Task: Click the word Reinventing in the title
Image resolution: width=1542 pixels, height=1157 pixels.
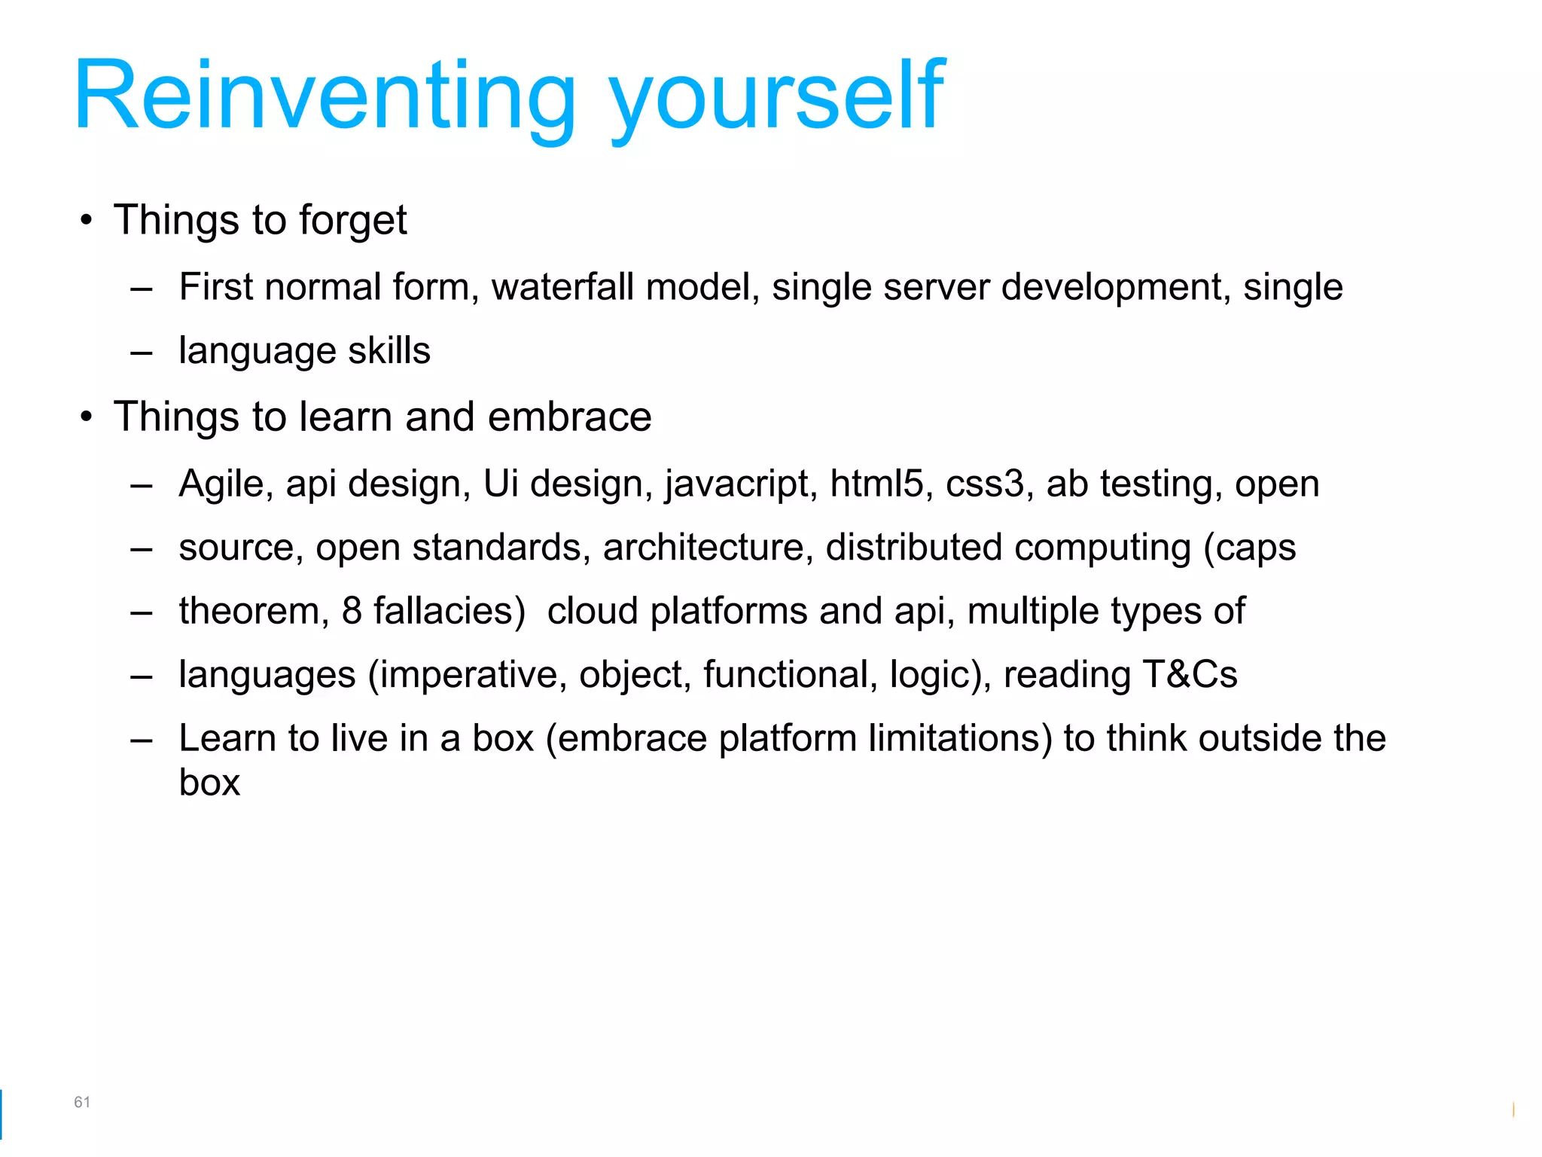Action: [x=324, y=96]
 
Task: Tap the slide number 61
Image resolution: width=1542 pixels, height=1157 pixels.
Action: [x=82, y=1102]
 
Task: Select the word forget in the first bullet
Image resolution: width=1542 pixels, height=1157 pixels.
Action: [x=352, y=221]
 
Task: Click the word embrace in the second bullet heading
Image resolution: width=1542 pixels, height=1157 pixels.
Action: [x=569, y=417]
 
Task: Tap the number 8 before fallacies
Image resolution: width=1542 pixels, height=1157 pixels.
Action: [x=352, y=611]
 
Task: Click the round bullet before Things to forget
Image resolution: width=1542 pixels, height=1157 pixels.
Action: [x=87, y=221]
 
